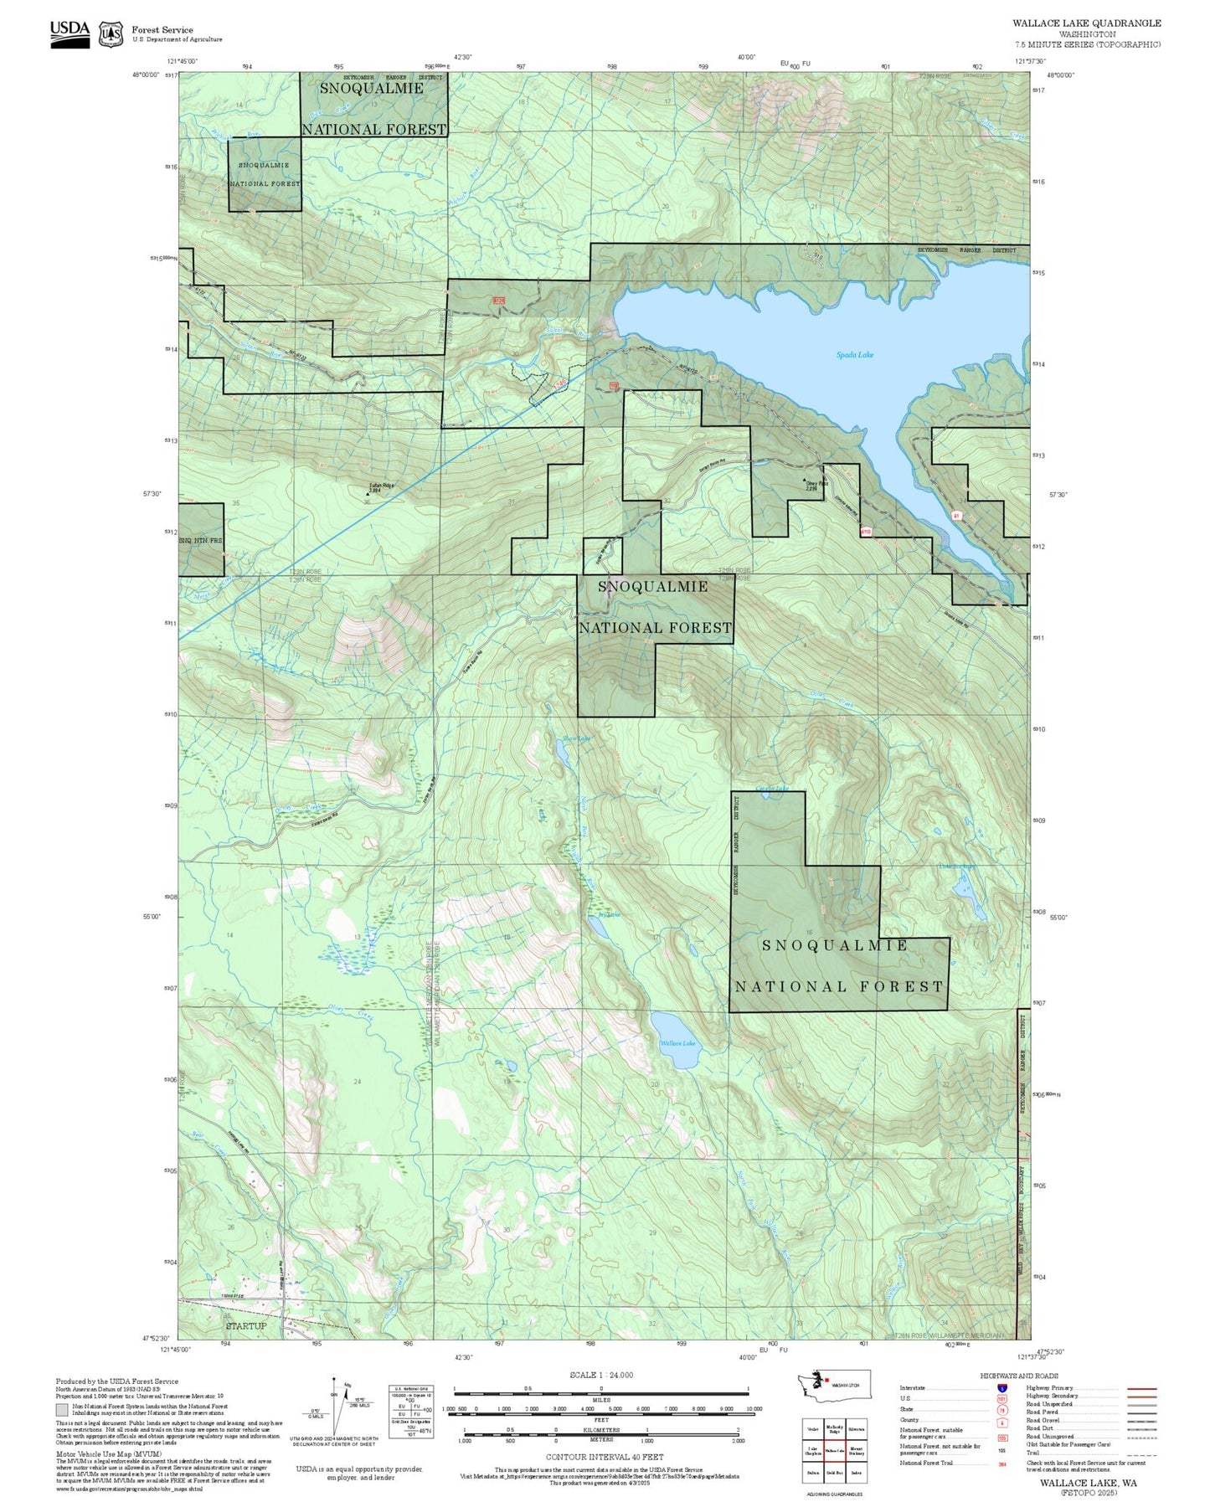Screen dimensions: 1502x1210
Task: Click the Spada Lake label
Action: pyautogui.click(x=854, y=355)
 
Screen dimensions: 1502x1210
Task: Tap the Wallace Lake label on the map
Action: pyautogui.click(x=677, y=1043)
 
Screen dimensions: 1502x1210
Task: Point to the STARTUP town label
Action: pyautogui.click(x=245, y=1325)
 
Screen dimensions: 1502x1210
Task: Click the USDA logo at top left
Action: pyautogui.click(x=70, y=33)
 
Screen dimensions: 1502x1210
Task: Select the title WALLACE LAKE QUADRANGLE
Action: pyautogui.click(x=1086, y=23)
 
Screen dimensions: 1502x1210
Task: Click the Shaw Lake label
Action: pyautogui.click(x=576, y=738)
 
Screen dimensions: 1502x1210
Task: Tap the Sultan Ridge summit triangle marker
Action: pyautogui.click(x=368, y=493)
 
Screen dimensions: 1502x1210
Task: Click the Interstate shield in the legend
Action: pyautogui.click(x=1001, y=1387)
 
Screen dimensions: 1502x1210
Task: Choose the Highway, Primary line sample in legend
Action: pyautogui.click(x=1141, y=1388)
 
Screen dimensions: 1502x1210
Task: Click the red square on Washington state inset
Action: pyautogui.click(x=826, y=1381)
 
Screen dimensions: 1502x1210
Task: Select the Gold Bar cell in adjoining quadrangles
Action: pyautogui.click(x=834, y=1472)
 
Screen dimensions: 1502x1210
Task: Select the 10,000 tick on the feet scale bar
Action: pyautogui.click(x=754, y=1408)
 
